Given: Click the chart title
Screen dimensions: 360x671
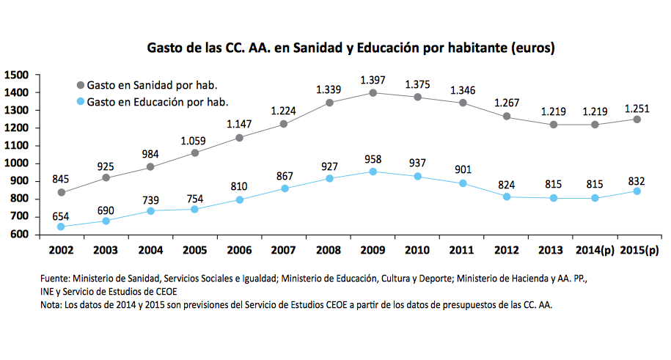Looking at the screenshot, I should click(x=351, y=49).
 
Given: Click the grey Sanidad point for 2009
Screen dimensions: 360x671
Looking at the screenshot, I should click(x=373, y=93).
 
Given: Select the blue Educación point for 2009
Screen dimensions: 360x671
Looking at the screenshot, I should click(x=373, y=172).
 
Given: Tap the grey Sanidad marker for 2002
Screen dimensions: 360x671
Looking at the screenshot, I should click(x=61, y=192).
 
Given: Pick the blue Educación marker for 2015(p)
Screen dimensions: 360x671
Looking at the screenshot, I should click(x=637, y=191).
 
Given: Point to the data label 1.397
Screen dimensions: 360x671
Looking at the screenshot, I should click(x=373, y=79).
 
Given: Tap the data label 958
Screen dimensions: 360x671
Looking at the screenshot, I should click(x=373, y=158).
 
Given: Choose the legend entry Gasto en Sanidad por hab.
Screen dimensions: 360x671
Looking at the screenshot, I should click(x=152, y=85).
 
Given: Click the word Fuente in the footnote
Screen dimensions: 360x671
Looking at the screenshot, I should click(x=55, y=279).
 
